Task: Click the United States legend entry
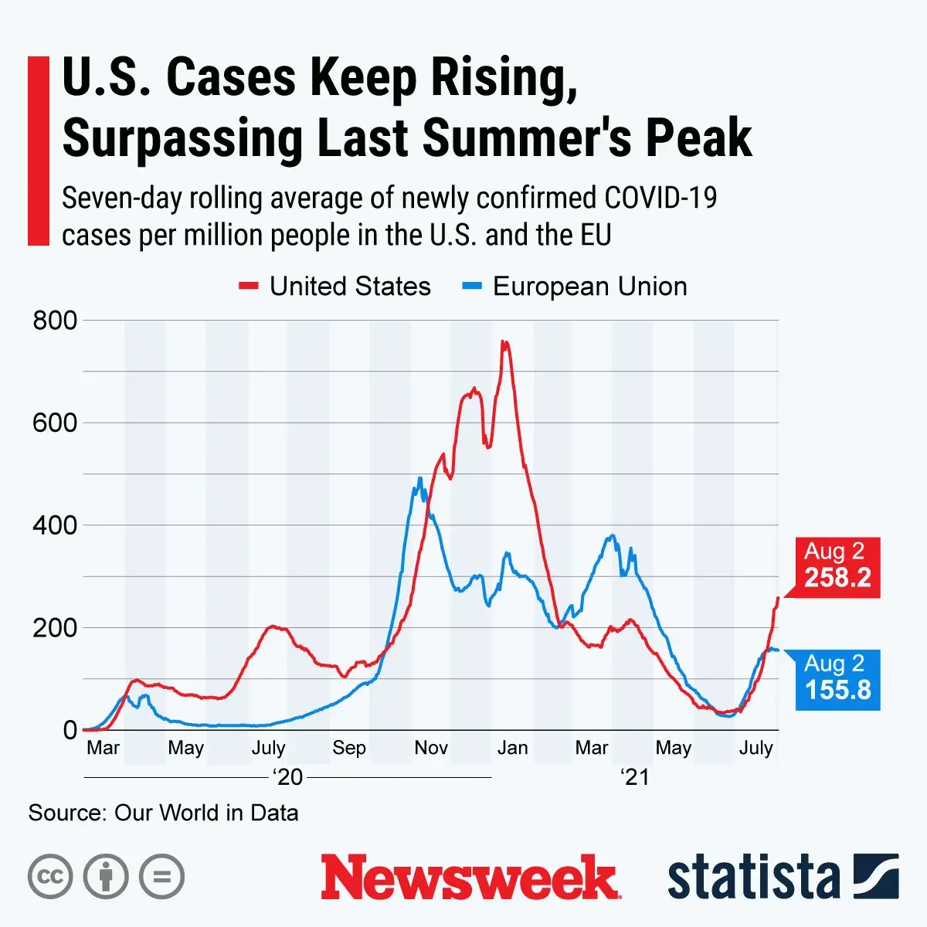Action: pos(335,287)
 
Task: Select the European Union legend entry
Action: pos(576,287)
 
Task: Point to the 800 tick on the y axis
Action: pos(55,320)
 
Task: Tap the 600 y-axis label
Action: pos(55,423)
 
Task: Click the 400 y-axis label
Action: pos(55,525)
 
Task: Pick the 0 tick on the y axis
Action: pos(70,730)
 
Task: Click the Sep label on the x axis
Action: pos(349,748)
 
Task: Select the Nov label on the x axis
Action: pos(431,748)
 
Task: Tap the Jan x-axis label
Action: pos(512,748)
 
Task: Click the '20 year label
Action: pos(288,777)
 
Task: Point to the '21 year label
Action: pos(635,777)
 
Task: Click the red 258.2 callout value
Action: pos(837,578)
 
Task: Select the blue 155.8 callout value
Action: pos(838,690)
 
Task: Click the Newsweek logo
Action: pos(470,878)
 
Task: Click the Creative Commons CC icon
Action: pos(50,877)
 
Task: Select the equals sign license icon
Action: pos(162,877)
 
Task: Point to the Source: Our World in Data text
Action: pos(163,813)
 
